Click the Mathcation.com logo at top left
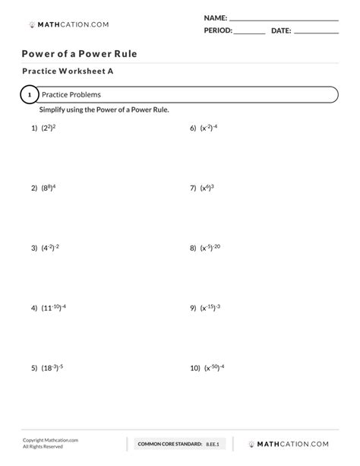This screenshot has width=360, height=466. click(68, 24)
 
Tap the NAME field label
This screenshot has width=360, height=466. click(216, 17)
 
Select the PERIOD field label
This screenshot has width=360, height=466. click(218, 30)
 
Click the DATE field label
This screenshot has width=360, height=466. click(281, 30)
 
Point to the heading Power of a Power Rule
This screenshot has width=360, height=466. click(79, 54)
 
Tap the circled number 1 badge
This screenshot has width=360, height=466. click(28, 95)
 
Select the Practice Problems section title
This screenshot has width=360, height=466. click(71, 95)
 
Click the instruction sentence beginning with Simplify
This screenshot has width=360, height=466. click(105, 110)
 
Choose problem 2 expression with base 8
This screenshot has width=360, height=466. click(49, 187)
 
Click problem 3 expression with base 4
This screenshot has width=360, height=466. click(51, 248)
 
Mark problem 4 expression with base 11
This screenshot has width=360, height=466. click(54, 308)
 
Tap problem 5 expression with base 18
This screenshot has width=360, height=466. click(52, 368)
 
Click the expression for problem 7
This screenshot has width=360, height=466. click(207, 187)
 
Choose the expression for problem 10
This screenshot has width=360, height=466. click(214, 368)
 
